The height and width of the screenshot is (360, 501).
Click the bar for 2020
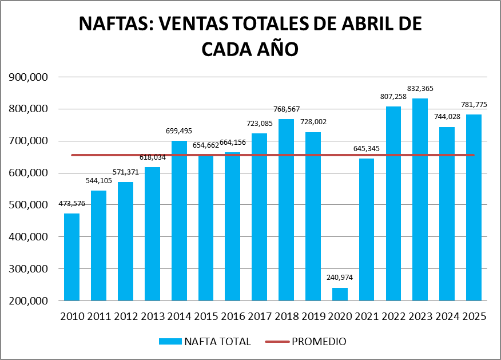click(x=340, y=294)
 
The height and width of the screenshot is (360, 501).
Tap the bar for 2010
click(x=71, y=257)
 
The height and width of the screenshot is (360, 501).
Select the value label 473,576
click(x=71, y=204)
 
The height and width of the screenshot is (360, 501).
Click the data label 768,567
click(x=286, y=109)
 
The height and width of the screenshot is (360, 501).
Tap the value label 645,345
click(x=367, y=149)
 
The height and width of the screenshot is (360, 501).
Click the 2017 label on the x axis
click(x=260, y=317)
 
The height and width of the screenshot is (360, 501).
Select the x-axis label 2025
click(x=474, y=317)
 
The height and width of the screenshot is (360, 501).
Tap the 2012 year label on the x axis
click(x=126, y=317)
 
